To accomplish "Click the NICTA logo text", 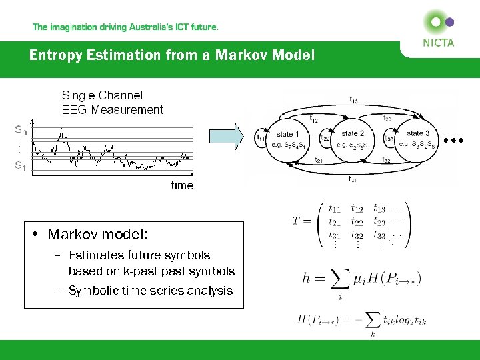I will tap(437, 43).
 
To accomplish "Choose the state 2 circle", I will tap(353, 139).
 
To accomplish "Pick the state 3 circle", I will tap(417, 139).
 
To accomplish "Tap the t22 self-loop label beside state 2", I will tap(325, 139).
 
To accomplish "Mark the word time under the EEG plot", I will tap(181, 185).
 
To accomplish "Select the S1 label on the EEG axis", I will tap(21, 167).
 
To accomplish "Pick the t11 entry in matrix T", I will tap(335, 209).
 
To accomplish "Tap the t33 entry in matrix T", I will tap(379, 235).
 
